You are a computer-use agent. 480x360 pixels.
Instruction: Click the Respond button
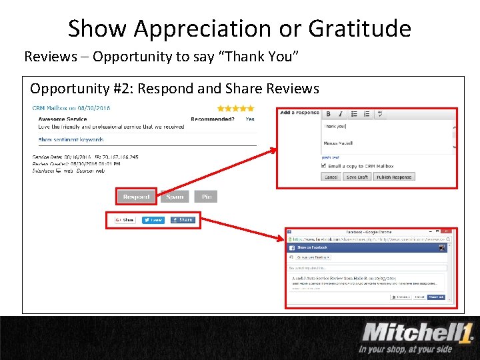coord(136,197)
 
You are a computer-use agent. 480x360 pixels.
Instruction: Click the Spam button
coord(175,197)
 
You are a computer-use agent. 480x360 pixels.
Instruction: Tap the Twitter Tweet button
coord(153,220)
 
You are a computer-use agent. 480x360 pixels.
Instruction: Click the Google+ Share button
coord(125,220)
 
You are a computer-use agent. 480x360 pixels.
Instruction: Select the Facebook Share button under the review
coord(183,220)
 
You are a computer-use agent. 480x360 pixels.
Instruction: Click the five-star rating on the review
coord(235,108)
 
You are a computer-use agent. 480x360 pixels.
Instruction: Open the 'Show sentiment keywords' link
coord(71,140)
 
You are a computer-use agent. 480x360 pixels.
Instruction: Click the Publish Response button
coord(393,177)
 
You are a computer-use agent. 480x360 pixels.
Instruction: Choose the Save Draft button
coord(357,177)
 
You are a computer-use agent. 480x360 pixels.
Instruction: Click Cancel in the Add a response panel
coord(331,177)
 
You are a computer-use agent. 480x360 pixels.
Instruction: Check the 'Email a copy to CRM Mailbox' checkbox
coord(325,166)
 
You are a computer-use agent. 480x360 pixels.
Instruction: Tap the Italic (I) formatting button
coord(339,114)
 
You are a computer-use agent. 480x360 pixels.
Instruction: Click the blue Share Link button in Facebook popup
coord(436,297)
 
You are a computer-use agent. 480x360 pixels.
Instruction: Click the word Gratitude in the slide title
coord(359,28)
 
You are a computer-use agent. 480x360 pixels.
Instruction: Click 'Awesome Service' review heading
coord(63,119)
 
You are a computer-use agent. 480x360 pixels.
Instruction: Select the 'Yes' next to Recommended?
coord(250,119)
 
